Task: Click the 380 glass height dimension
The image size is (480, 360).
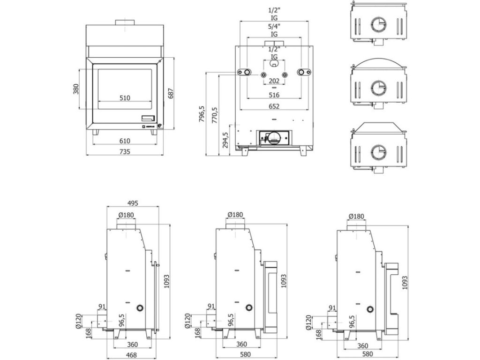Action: pos(76,89)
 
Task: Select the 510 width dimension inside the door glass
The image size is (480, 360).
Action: pos(124,98)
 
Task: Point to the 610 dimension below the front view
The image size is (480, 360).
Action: pos(124,141)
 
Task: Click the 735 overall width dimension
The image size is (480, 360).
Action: pos(124,151)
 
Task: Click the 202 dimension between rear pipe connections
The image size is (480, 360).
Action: pos(274,81)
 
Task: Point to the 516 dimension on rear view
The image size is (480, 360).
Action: pos(274,95)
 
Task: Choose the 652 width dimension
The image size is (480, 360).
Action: pos(274,106)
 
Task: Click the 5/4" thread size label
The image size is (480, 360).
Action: pos(274,27)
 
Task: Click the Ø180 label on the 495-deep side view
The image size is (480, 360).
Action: pos(127,215)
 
